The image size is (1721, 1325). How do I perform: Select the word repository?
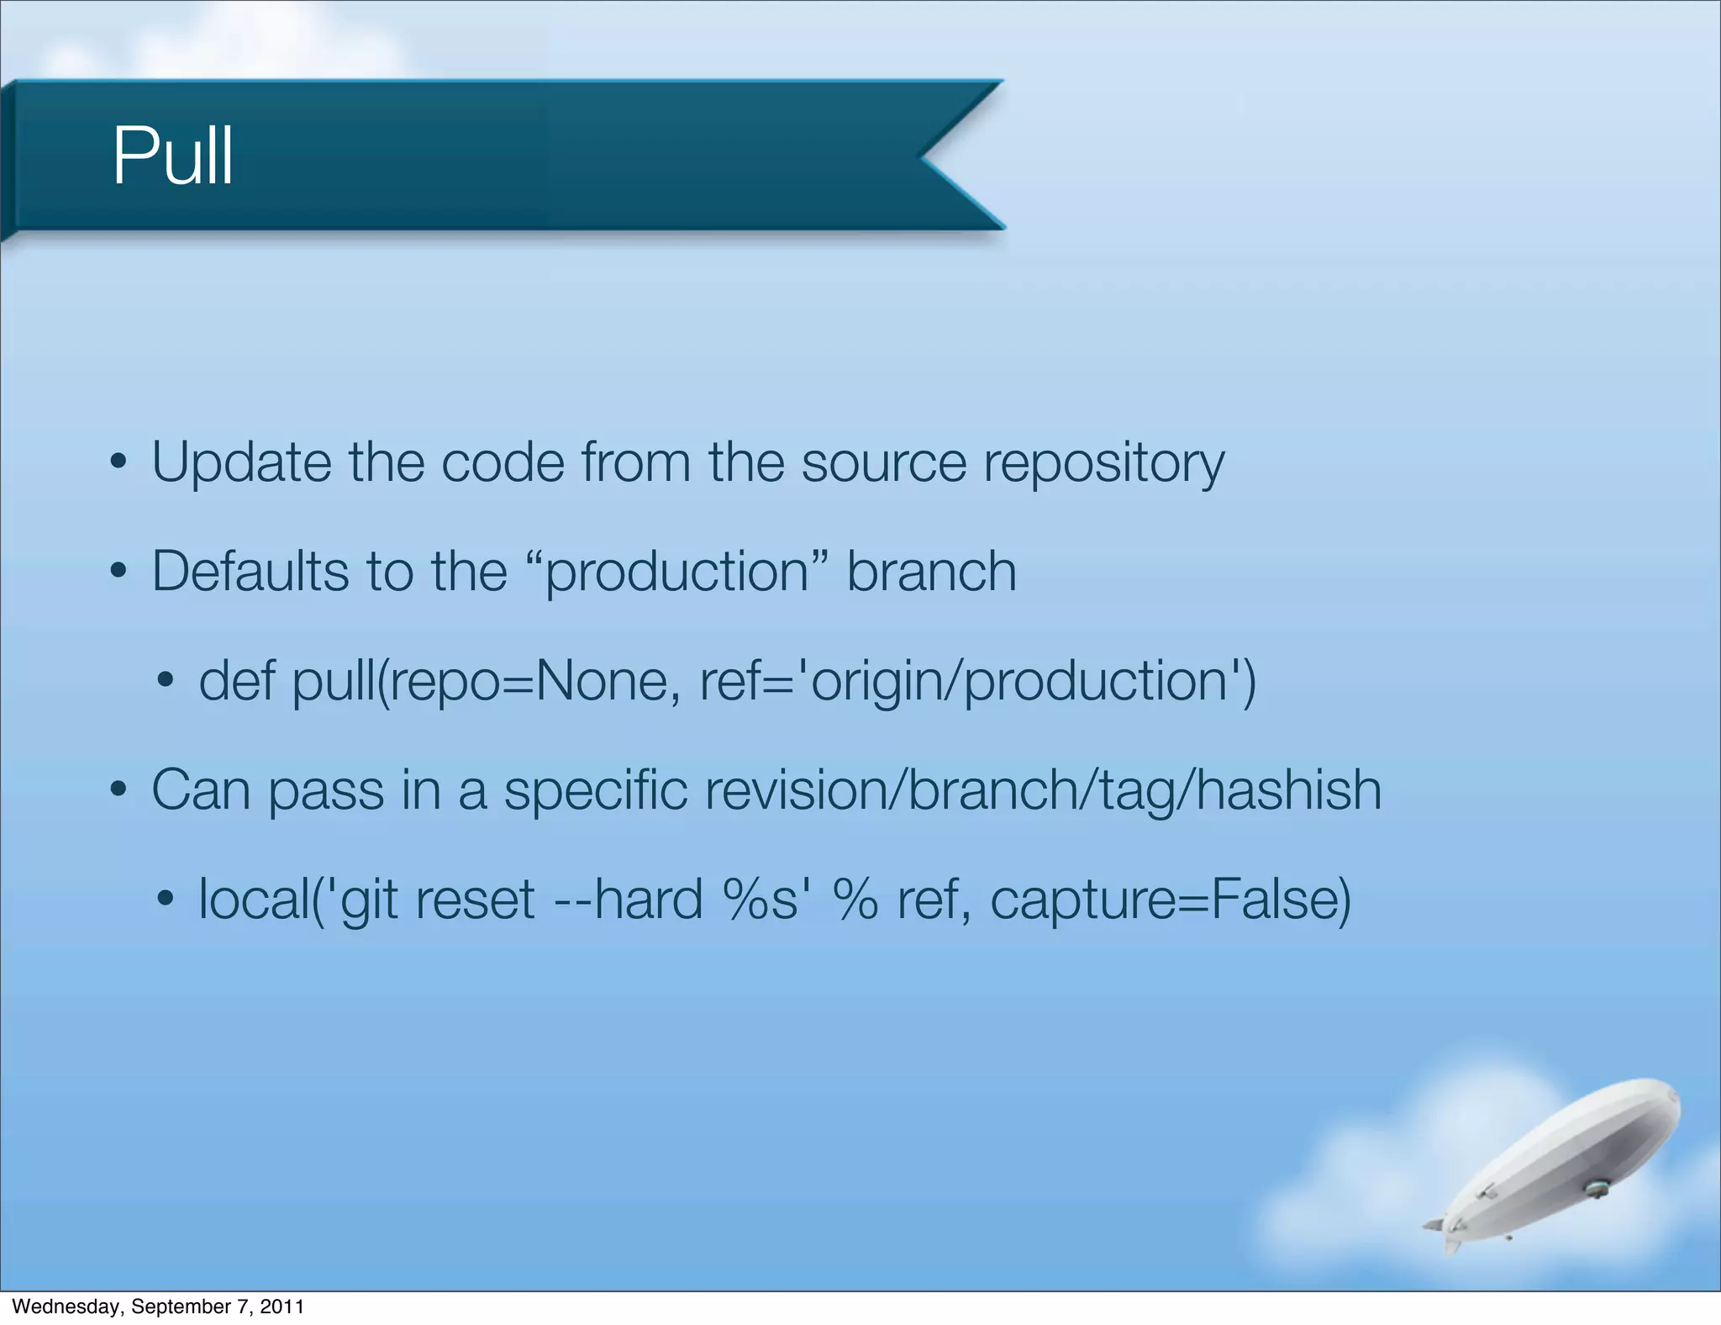click(x=1103, y=463)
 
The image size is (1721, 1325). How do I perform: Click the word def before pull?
click(x=236, y=681)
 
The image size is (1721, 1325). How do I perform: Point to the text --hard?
click(x=628, y=900)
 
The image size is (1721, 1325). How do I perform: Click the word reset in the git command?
click(x=475, y=900)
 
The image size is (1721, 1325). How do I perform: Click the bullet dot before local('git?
click(x=166, y=900)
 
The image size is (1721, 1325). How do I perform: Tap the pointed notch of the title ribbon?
click(x=924, y=156)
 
